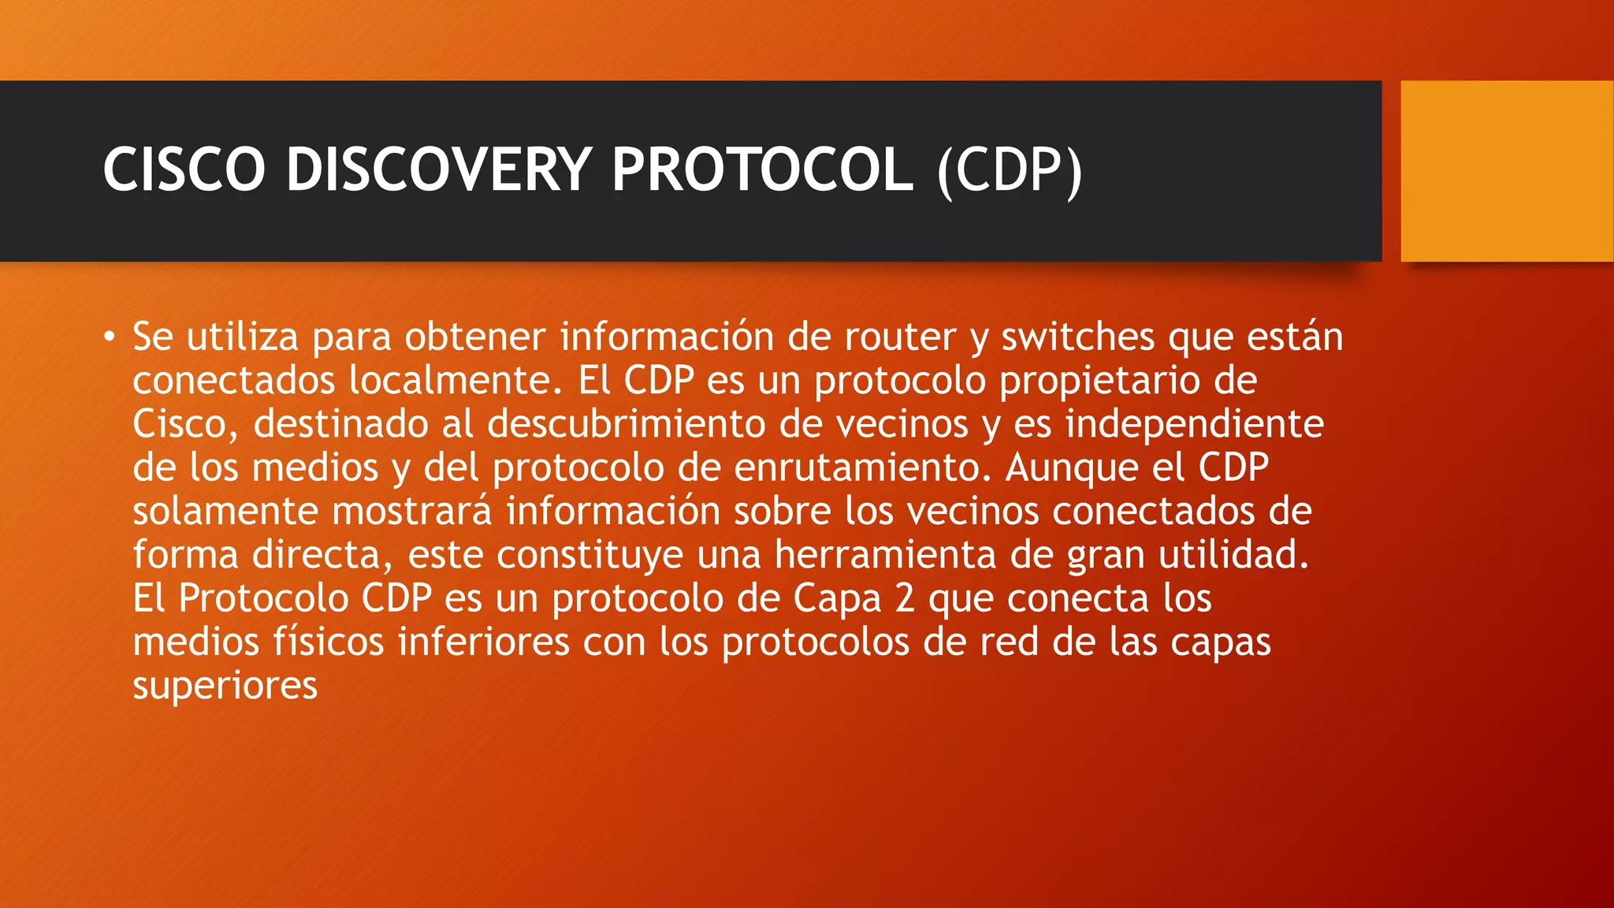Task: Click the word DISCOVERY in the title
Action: [438, 169]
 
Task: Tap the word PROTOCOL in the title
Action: [762, 169]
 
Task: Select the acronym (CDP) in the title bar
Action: [1010, 170]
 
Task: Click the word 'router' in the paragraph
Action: [901, 337]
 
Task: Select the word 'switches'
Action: [1078, 337]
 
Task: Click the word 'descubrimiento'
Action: [627, 424]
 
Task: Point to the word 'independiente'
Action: [1195, 424]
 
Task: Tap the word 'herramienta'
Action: [886, 555]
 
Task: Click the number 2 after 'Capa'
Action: [905, 598]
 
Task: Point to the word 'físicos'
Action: [329, 642]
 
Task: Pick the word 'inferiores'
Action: [484, 642]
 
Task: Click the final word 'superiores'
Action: [225, 686]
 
